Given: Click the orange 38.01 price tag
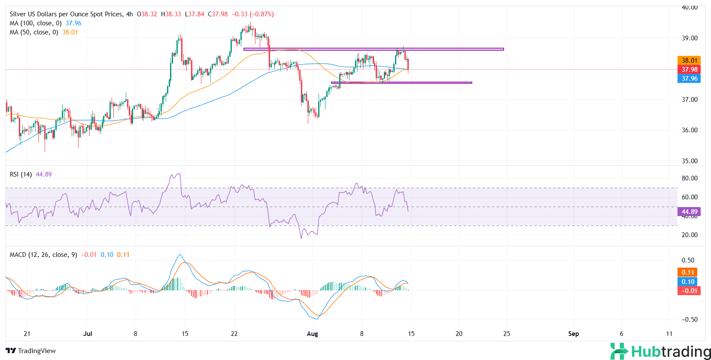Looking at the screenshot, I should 689,61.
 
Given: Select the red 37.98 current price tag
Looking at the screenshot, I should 689,70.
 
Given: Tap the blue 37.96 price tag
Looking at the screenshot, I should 689,79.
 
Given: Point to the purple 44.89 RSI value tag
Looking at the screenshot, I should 689,212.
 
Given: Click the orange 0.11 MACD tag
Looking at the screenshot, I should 688,272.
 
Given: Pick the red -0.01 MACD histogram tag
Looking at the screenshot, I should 689,291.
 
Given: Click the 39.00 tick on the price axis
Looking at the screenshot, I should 690,38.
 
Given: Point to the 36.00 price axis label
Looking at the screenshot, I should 690,130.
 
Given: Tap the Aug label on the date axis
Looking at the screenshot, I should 313,334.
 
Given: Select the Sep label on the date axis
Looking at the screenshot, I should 573,334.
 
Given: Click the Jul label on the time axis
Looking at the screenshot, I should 88,334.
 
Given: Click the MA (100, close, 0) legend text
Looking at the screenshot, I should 36,23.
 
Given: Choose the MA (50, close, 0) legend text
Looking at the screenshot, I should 34,32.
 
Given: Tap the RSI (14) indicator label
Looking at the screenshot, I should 21,174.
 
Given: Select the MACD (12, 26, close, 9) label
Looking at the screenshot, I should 43,255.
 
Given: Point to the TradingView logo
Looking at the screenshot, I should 31,351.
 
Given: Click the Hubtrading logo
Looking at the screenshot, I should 660,351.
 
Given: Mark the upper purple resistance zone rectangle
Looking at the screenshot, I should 374,49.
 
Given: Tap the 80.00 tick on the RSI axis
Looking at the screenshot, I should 690,178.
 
